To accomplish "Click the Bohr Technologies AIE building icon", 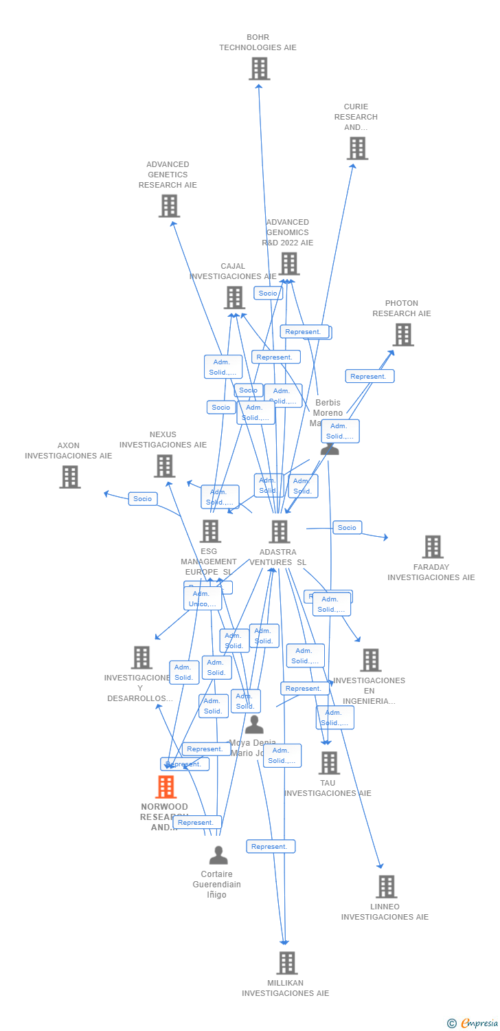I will point(259,69).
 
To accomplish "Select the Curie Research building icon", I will point(357,148).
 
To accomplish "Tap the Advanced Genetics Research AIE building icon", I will point(169,206).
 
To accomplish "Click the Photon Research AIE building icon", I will point(402,335).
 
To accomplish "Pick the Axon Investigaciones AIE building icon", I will point(69,477).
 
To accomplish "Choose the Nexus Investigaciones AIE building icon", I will point(164,466).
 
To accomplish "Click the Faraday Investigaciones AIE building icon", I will point(432,547).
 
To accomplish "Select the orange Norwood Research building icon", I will point(166,787).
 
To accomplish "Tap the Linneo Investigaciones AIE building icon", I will point(386,887).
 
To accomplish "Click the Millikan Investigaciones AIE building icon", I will point(286,963).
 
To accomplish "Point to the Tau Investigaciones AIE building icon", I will point(329,763).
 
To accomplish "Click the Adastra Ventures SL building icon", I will point(279,531).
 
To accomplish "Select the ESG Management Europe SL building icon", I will point(209,531).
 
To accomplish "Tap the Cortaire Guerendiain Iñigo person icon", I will point(218,855).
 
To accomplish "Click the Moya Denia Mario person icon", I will point(254,724).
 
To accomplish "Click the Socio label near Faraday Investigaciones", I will point(347,528).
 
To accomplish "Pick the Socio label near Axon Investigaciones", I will point(143,499).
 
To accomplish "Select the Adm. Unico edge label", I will point(203,599).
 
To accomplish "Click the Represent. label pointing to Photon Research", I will point(369,376).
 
